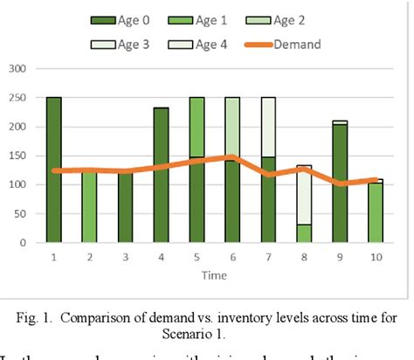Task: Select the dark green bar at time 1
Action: (54, 170)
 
